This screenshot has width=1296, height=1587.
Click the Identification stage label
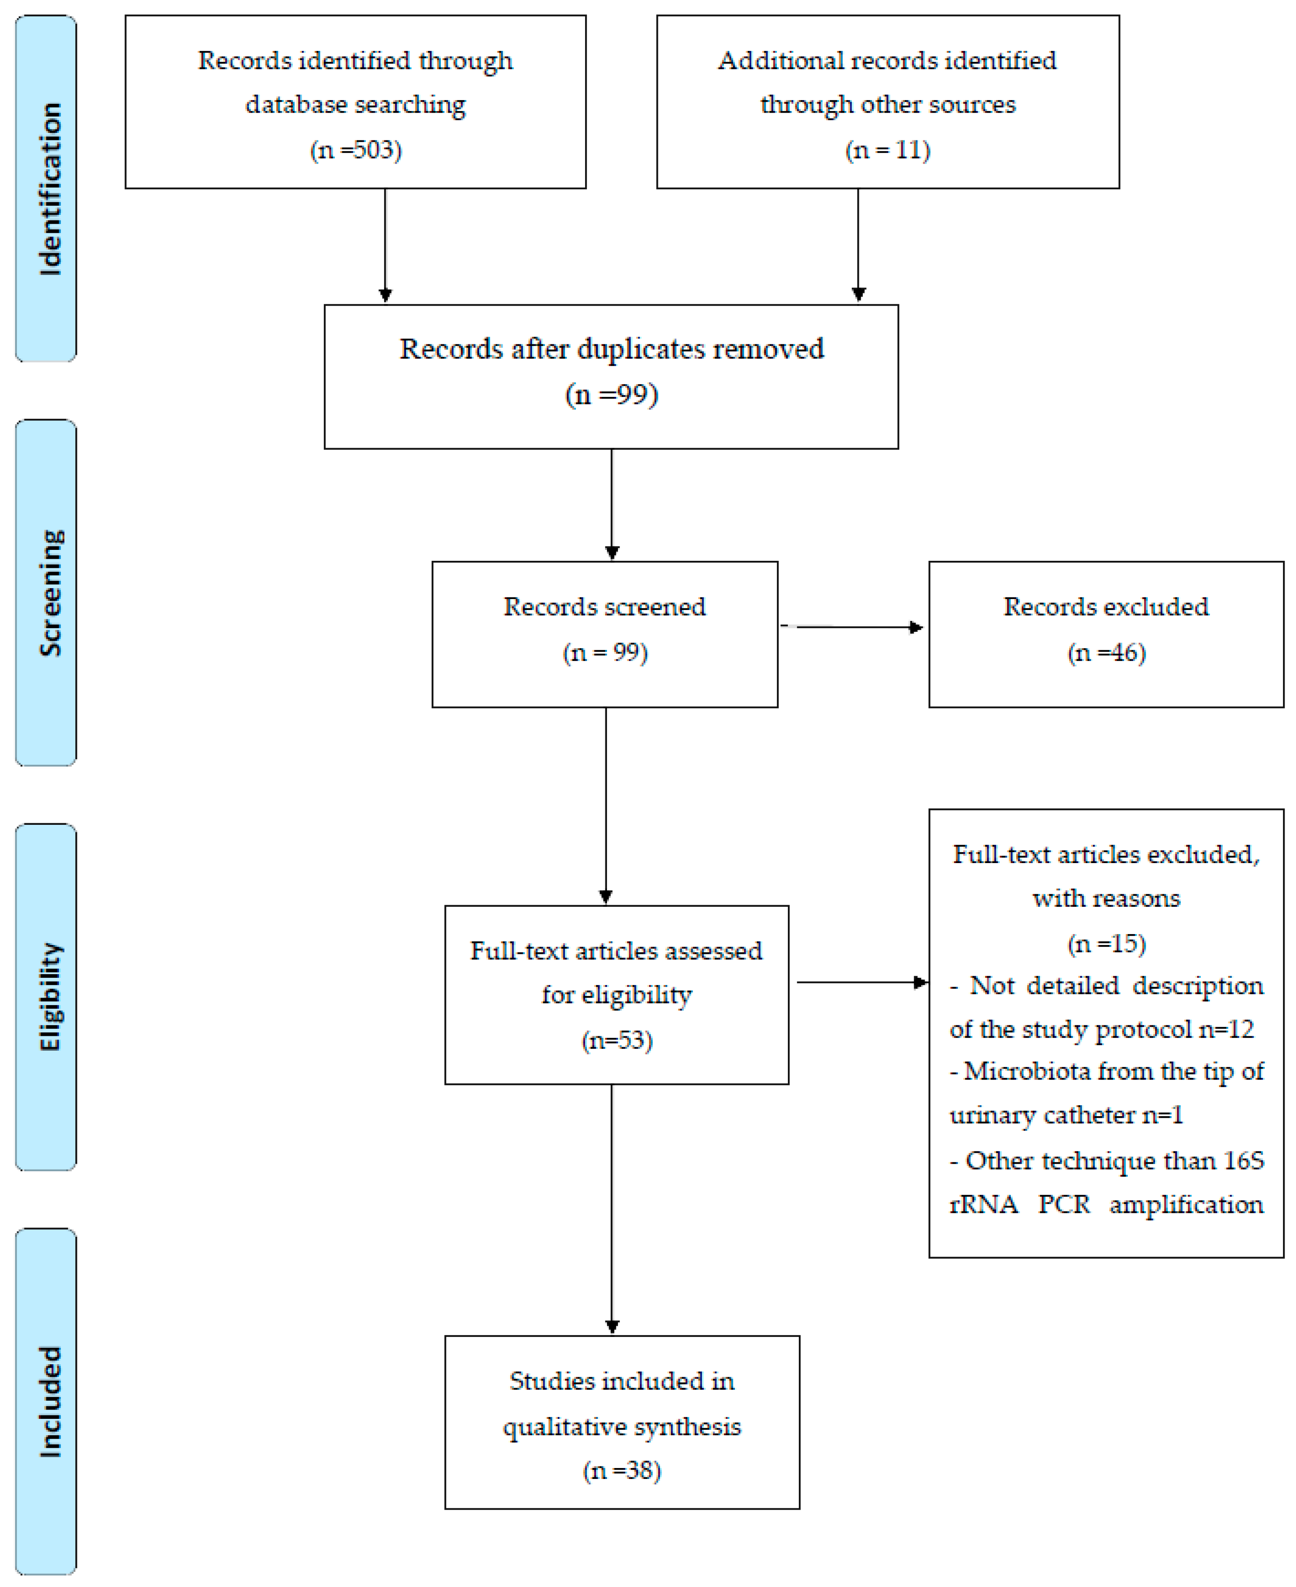[x=49, y=189]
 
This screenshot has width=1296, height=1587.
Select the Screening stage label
[x=49, y=593]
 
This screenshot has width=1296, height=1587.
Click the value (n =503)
[x=356, y=150]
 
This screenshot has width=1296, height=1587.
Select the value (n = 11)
[x=888, y=150]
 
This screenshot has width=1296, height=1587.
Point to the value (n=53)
[x=617, y=1040]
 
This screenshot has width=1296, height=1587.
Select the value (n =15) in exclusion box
[x=1106, y=944]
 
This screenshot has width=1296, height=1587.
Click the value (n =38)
[x=622, y=1471]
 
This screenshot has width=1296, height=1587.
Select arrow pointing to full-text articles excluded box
[x=862, y=982]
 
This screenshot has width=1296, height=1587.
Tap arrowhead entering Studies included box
[x=612, y=1327]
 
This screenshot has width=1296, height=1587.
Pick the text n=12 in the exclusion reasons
[x=1227, y=1030]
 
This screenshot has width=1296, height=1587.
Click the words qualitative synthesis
[x=622, y=1426]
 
